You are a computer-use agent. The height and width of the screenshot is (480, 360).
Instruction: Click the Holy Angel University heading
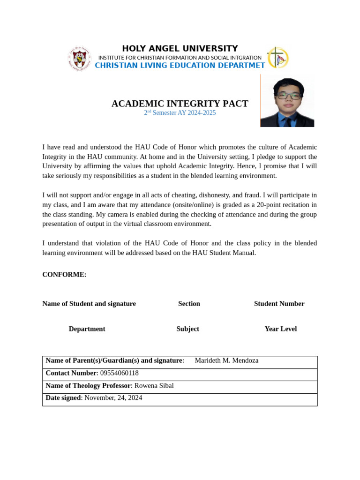tap(180, 49)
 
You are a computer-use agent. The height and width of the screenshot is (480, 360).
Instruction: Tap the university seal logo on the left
tap(79, 58)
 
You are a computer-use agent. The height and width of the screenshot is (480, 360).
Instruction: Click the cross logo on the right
tap(277, 58)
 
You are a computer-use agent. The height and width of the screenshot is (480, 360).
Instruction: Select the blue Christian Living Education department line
tap(180, 66)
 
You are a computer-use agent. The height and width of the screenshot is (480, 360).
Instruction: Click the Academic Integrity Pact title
tap(180, 104)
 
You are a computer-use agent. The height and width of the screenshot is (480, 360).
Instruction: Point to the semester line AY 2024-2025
tap(180, 113)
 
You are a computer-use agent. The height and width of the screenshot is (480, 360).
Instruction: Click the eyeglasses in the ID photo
tap(288, 95)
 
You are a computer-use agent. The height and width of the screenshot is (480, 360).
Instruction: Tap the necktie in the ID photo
tap(287, 121)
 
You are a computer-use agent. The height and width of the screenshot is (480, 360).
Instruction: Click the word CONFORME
tap(64, 275)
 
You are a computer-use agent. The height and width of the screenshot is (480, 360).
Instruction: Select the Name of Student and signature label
tap(89, 304)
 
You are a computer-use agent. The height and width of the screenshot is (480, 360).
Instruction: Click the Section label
tap(189, 304)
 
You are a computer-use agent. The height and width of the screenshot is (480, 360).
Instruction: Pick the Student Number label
tap(279, 304)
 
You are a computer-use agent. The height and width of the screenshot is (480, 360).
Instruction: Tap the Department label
tap(87, 329)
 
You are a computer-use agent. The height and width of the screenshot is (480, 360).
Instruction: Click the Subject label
tap(187, 329)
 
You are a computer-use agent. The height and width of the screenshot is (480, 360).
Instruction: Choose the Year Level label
tap(280, 329)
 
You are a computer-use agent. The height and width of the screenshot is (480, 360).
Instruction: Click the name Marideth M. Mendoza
tap(226, 360)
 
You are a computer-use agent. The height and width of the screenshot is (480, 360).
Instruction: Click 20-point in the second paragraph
tap(270, 205)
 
